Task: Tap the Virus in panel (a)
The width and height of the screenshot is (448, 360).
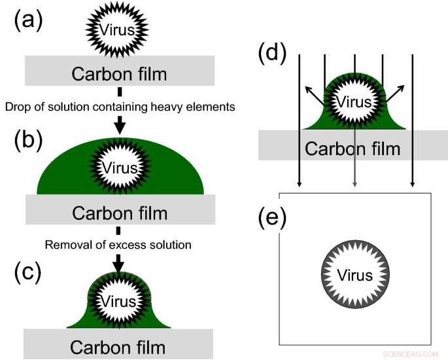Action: coord(118,29)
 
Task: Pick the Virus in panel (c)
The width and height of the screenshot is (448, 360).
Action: coord(119,301)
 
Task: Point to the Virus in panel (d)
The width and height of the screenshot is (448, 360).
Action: coord(354,102)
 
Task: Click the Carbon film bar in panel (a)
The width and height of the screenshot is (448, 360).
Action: coord(118,70)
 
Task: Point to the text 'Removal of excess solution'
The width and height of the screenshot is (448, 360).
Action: coord(118,245)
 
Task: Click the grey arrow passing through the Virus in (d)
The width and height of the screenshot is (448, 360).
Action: coord(354,164)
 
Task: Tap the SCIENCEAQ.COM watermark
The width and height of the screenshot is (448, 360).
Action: coord(410,353)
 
